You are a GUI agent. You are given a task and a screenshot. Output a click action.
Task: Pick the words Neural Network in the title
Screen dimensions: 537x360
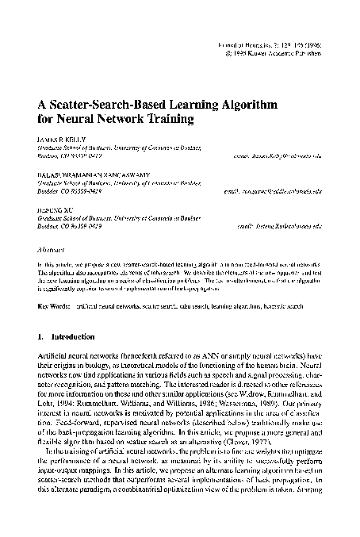(94, 122)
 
